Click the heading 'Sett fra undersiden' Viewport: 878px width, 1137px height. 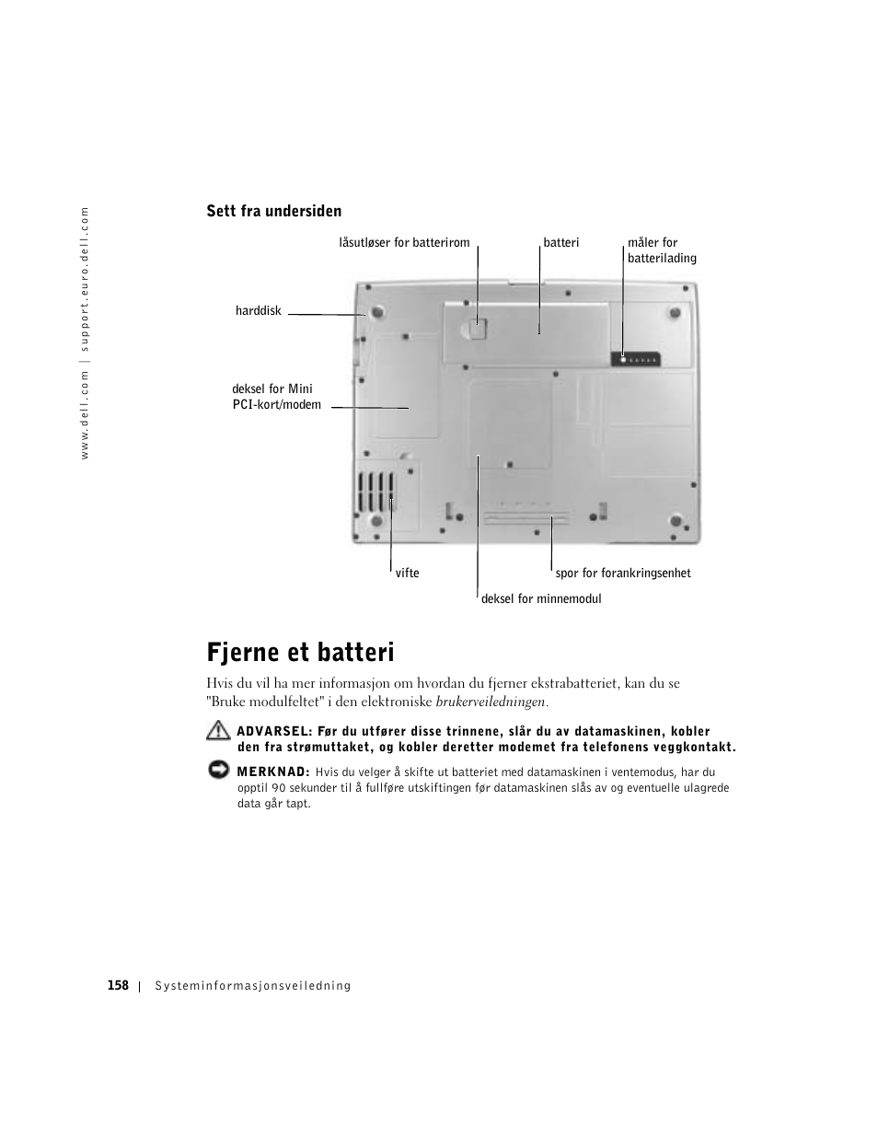click(273, 211)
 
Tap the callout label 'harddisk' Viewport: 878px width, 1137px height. click(258, 311)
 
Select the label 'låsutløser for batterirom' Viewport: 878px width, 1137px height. click(404, 243)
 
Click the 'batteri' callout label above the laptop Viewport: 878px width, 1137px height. click(560, 243)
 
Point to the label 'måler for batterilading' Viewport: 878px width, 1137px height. click(661, 250)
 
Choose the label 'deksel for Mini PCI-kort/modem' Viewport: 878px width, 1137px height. click(276, 397)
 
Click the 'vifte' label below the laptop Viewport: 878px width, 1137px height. click(407, 573)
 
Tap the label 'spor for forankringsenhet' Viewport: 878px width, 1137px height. click(622, 573)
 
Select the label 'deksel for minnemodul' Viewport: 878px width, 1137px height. click(540, 598)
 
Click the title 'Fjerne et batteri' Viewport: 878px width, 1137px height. click(300, 653)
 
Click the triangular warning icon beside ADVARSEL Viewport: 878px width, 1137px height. click(218, 732)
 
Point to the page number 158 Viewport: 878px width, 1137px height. click(117, 985)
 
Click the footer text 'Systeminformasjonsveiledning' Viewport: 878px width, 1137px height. click(253, 986)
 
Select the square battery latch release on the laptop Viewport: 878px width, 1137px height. click(478, 325)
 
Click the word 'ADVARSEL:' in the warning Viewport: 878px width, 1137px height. click(274, 732)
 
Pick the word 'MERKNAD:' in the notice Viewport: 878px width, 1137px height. click(272, 772)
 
